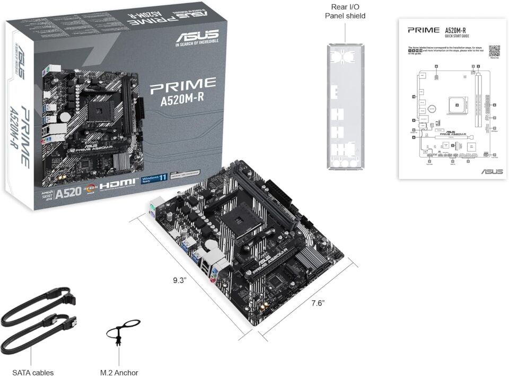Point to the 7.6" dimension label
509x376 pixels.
pyautogui.click(x=318, y=303)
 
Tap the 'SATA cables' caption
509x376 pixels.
pyautogui.click(x=33, y=373)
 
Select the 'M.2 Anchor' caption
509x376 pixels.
pyautogui.click(x=119, y=373)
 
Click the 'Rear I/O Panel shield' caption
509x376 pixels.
pyautogui.click(x=345, y=11)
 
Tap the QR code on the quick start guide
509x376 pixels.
pyautogui.click(x=494, y=51)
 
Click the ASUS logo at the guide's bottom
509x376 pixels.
pyautogui.click(x=492, y=171)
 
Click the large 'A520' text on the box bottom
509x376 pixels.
pyautogui.click(x=67, y=191)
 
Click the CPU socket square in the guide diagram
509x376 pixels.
pyautogui.click(x=456, y=105)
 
